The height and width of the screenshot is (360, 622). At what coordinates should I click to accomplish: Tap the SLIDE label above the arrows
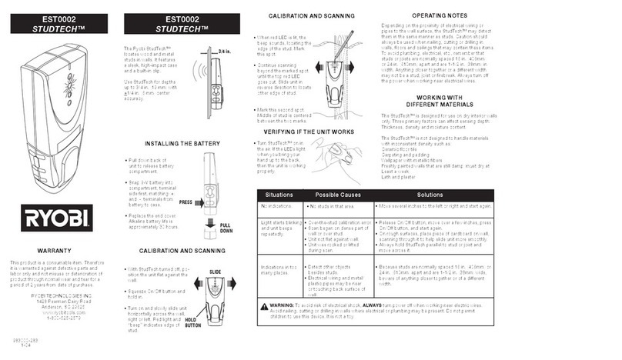[x=216, y=273]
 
